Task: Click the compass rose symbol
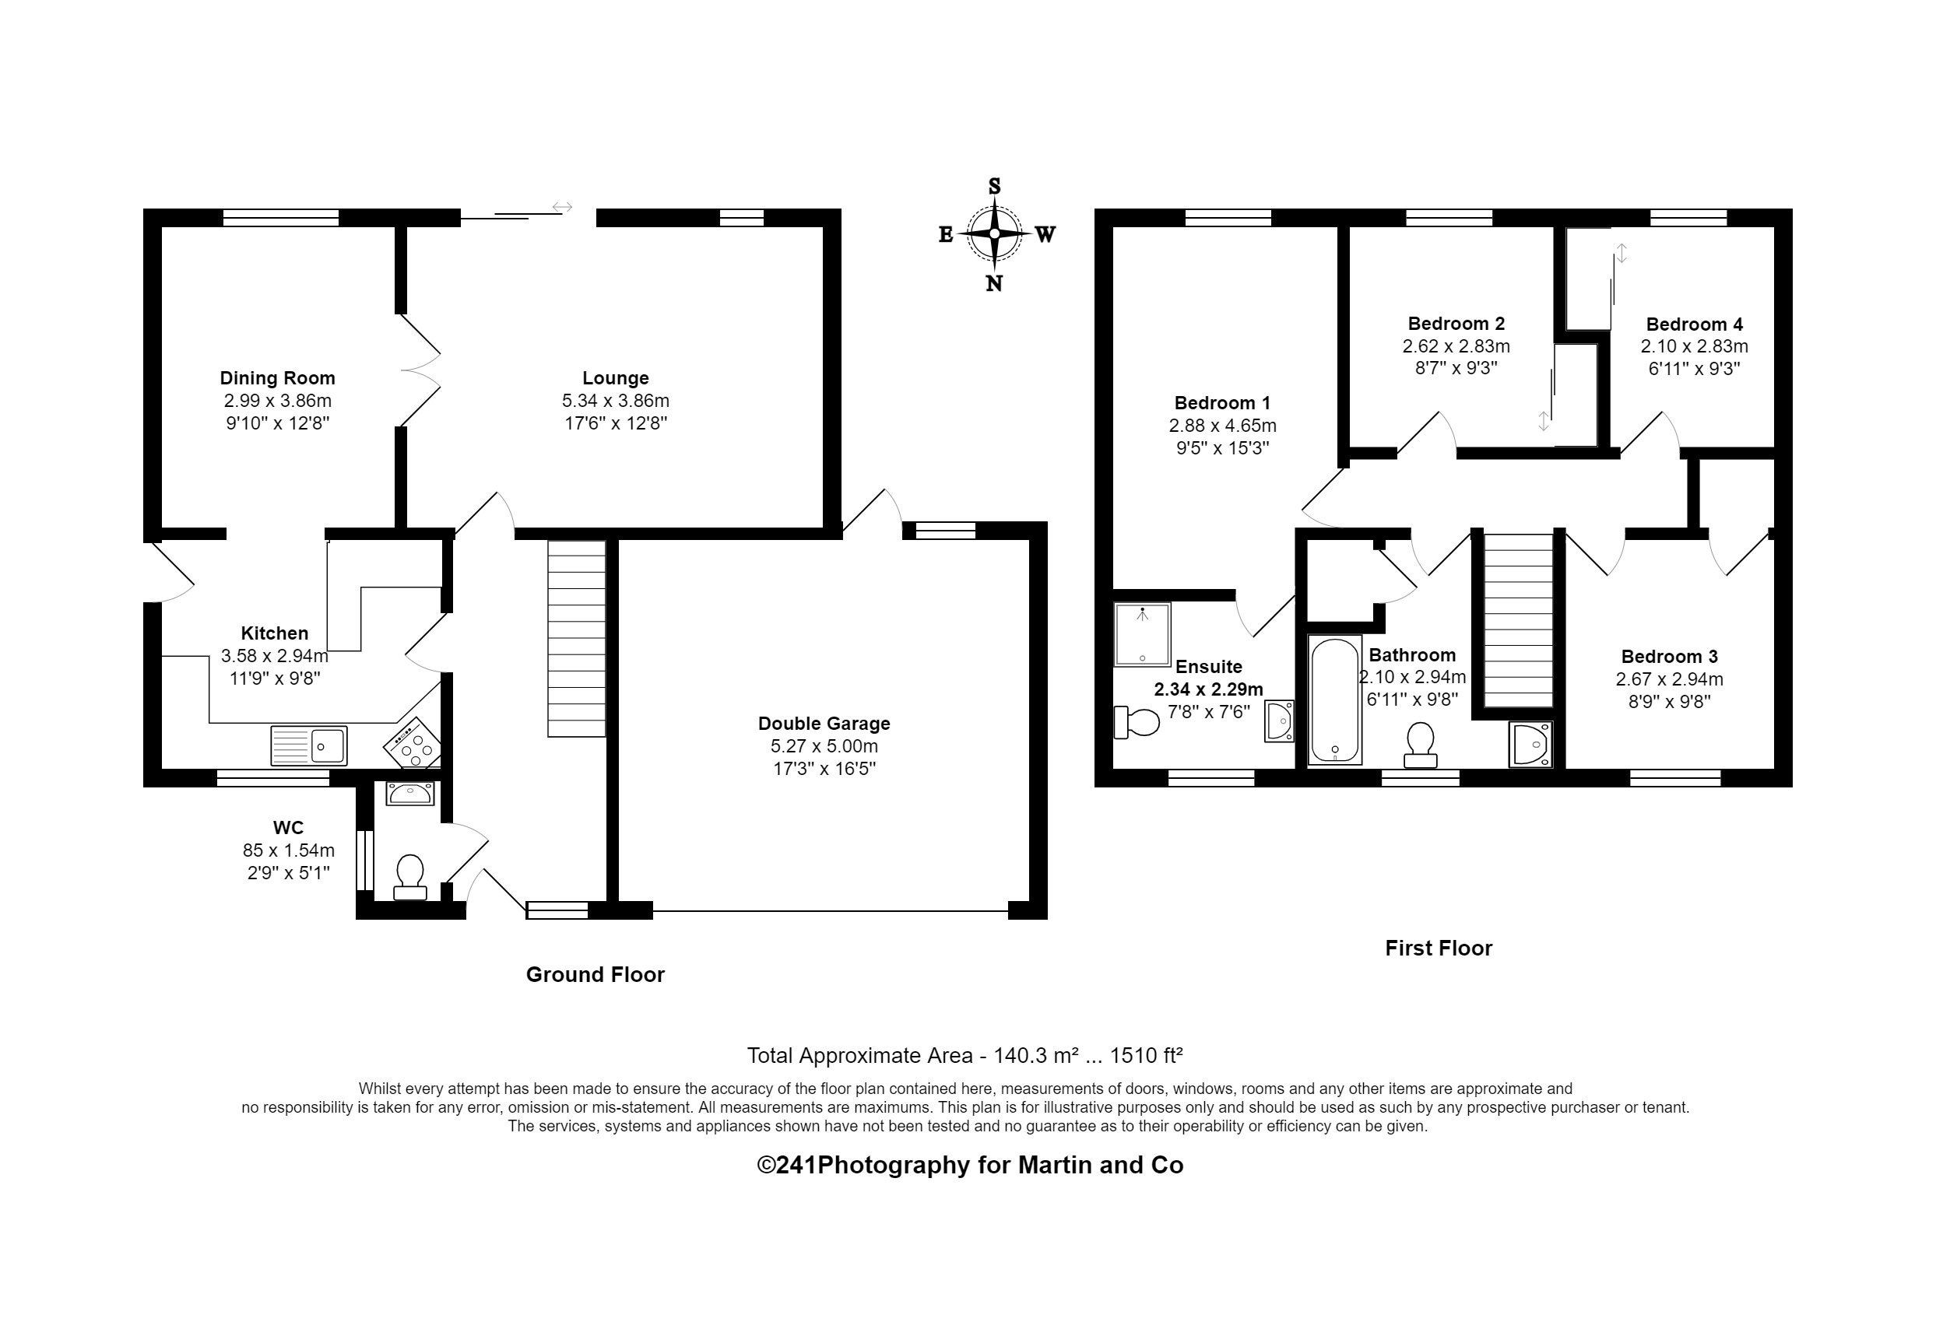tap(994, 234)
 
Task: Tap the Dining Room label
tap(277, 378)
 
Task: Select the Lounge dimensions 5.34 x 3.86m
tap(615, 401)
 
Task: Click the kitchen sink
tap(309, 745)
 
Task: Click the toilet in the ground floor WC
tap(410, 878)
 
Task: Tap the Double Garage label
tap(823, 724)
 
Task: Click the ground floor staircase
tap(577, 639)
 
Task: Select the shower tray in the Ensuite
tap(1142, 634)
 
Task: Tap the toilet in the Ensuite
tap(1137, 723)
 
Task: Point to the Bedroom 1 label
tap(1222, 403)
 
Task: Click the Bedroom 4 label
tap(1694, 324)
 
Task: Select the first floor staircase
tap(1518, 621)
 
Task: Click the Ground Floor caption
tap(595, 974)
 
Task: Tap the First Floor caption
tap(1438, 948)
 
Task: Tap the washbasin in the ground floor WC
tap(410, 793)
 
